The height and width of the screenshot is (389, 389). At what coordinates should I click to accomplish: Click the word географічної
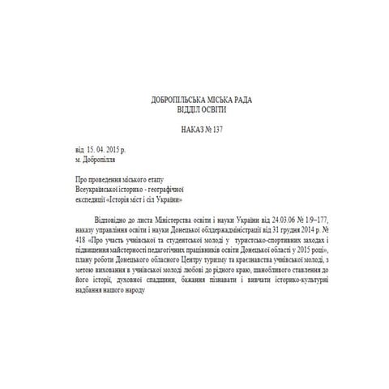pos(165,187)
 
